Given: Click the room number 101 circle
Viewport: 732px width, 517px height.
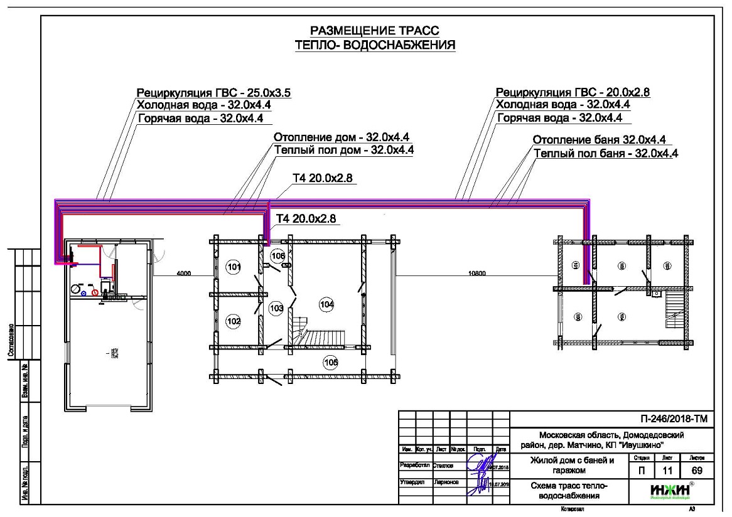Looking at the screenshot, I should pos(234,268).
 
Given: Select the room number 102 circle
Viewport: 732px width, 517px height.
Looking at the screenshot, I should pos(234,321).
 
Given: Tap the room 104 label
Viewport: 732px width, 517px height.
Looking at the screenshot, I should pos(326,304).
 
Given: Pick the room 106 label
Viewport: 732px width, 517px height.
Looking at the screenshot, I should pos(278,256).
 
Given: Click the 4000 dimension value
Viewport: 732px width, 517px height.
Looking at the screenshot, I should pos(184,274).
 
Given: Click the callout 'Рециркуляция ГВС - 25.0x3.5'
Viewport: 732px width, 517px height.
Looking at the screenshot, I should pos(215,93).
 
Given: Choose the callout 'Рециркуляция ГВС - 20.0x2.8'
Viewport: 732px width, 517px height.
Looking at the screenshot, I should pos(573,93).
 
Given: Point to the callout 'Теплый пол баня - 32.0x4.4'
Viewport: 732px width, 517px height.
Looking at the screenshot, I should pos(605,152).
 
